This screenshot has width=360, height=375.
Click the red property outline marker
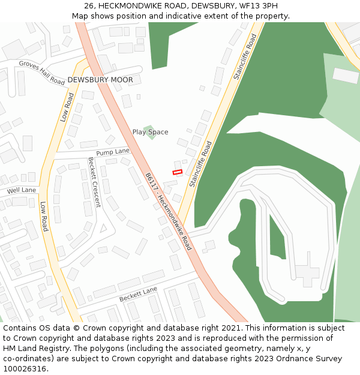[x=177, y=172]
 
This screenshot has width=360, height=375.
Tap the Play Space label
[x=150, y=132]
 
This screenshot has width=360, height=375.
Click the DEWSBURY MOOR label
[x=100, y=80]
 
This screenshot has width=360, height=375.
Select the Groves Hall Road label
[x=41, y=73]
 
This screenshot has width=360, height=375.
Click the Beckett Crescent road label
[x=95, y=182]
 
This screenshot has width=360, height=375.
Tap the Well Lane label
[x=22, y=191]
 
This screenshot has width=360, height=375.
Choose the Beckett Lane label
[x=138, y=294]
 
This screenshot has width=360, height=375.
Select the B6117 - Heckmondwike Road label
[x=168, y=211]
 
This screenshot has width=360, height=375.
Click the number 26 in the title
[x=89, y=5]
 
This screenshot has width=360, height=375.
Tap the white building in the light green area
[x=345, y=76]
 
